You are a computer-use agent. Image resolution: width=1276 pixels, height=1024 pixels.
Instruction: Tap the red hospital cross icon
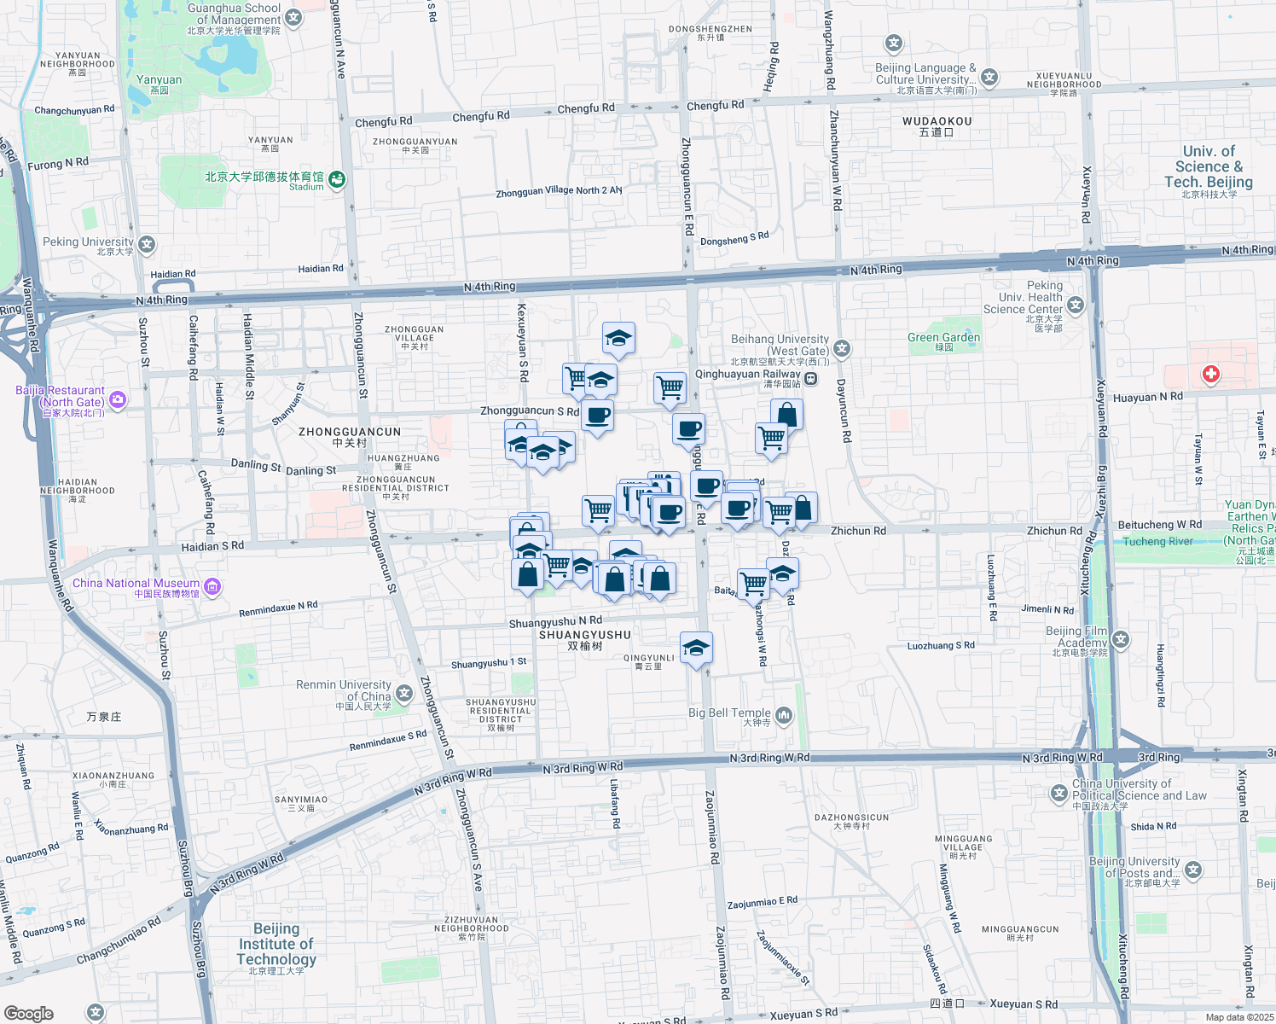(1210, 374)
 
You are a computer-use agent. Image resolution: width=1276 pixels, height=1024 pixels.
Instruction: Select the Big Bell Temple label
(729, 713)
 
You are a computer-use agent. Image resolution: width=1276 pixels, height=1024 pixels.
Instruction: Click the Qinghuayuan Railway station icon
(810, 379)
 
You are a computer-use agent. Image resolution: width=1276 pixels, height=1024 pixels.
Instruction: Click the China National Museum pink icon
(212, 586)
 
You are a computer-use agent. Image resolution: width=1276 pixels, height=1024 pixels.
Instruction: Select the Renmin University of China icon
(404, 693)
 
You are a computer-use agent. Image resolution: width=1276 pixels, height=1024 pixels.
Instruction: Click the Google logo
(28, 1014)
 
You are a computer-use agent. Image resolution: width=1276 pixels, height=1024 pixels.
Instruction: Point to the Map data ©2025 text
(1238, 1017)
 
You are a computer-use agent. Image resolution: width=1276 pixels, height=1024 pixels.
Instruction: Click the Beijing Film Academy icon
(1120, 639)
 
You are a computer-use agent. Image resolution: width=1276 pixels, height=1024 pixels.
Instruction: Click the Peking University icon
(147, 245)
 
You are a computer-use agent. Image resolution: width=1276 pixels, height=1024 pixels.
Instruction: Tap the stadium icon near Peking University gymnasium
(337, 179)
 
